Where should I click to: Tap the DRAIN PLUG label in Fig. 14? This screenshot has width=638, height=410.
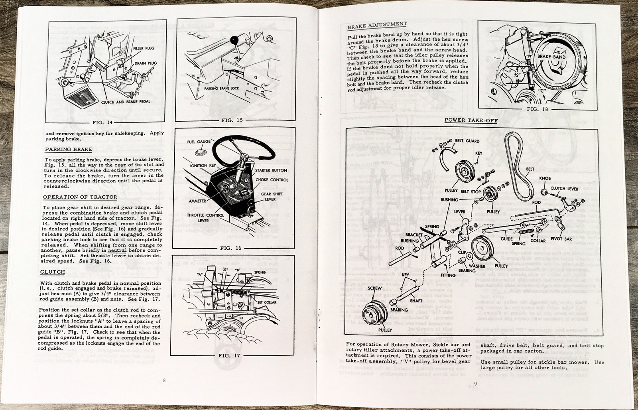pos(146,63)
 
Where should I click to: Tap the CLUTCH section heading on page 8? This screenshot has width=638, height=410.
pos(52,272)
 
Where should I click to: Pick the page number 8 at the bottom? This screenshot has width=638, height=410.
pos(164,380)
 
